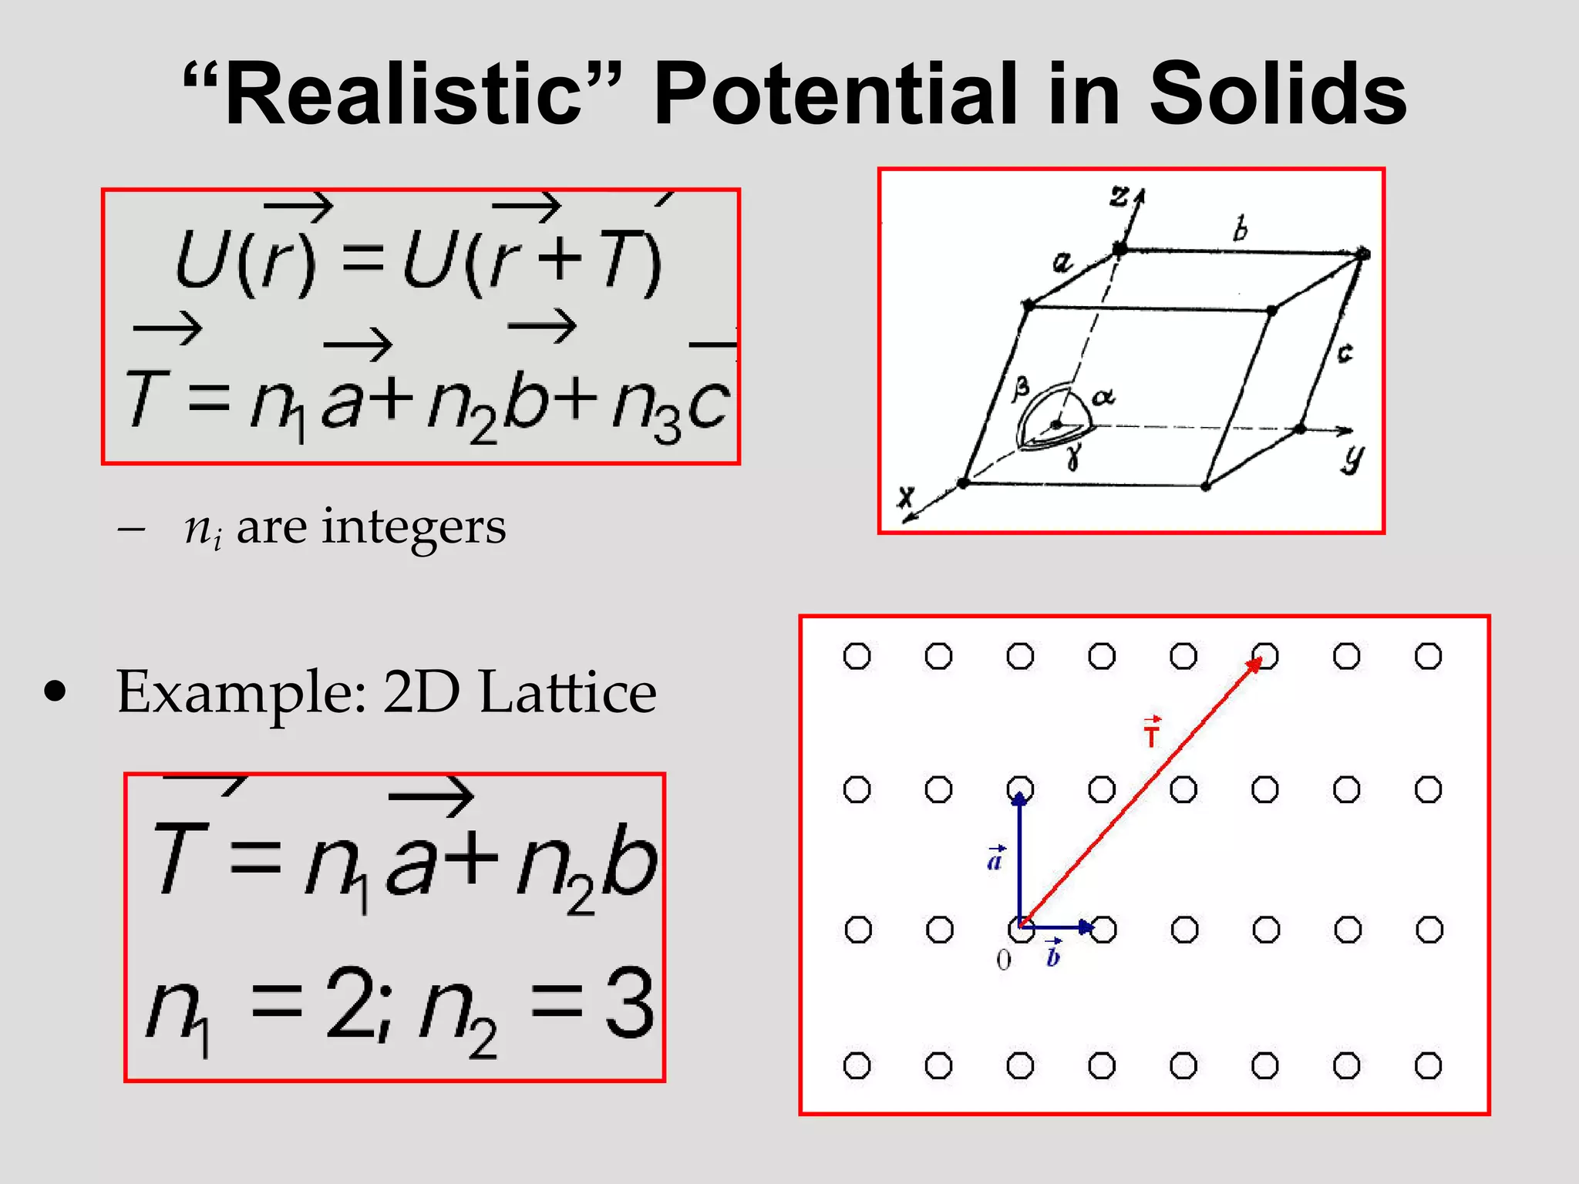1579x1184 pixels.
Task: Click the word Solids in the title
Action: [1278, 94]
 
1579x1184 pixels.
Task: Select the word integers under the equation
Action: [413, 528]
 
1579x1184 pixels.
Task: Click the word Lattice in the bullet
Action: [567, 692]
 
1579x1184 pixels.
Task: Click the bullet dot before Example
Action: [55, 691]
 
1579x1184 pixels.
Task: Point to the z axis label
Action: [1119, 197]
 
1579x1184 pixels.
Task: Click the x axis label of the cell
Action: [907, 496]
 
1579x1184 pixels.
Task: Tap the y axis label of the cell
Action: [1352, 458]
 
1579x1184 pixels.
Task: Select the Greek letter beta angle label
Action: [1021, 388]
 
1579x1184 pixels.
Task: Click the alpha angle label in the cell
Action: [1103, 397]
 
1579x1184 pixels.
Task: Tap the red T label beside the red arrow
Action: [1152, 733]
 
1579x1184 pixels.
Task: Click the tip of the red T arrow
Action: [1260, 659]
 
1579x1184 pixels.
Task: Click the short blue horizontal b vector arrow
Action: [1056, 927]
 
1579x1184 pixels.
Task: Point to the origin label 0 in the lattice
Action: [1003, 960]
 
